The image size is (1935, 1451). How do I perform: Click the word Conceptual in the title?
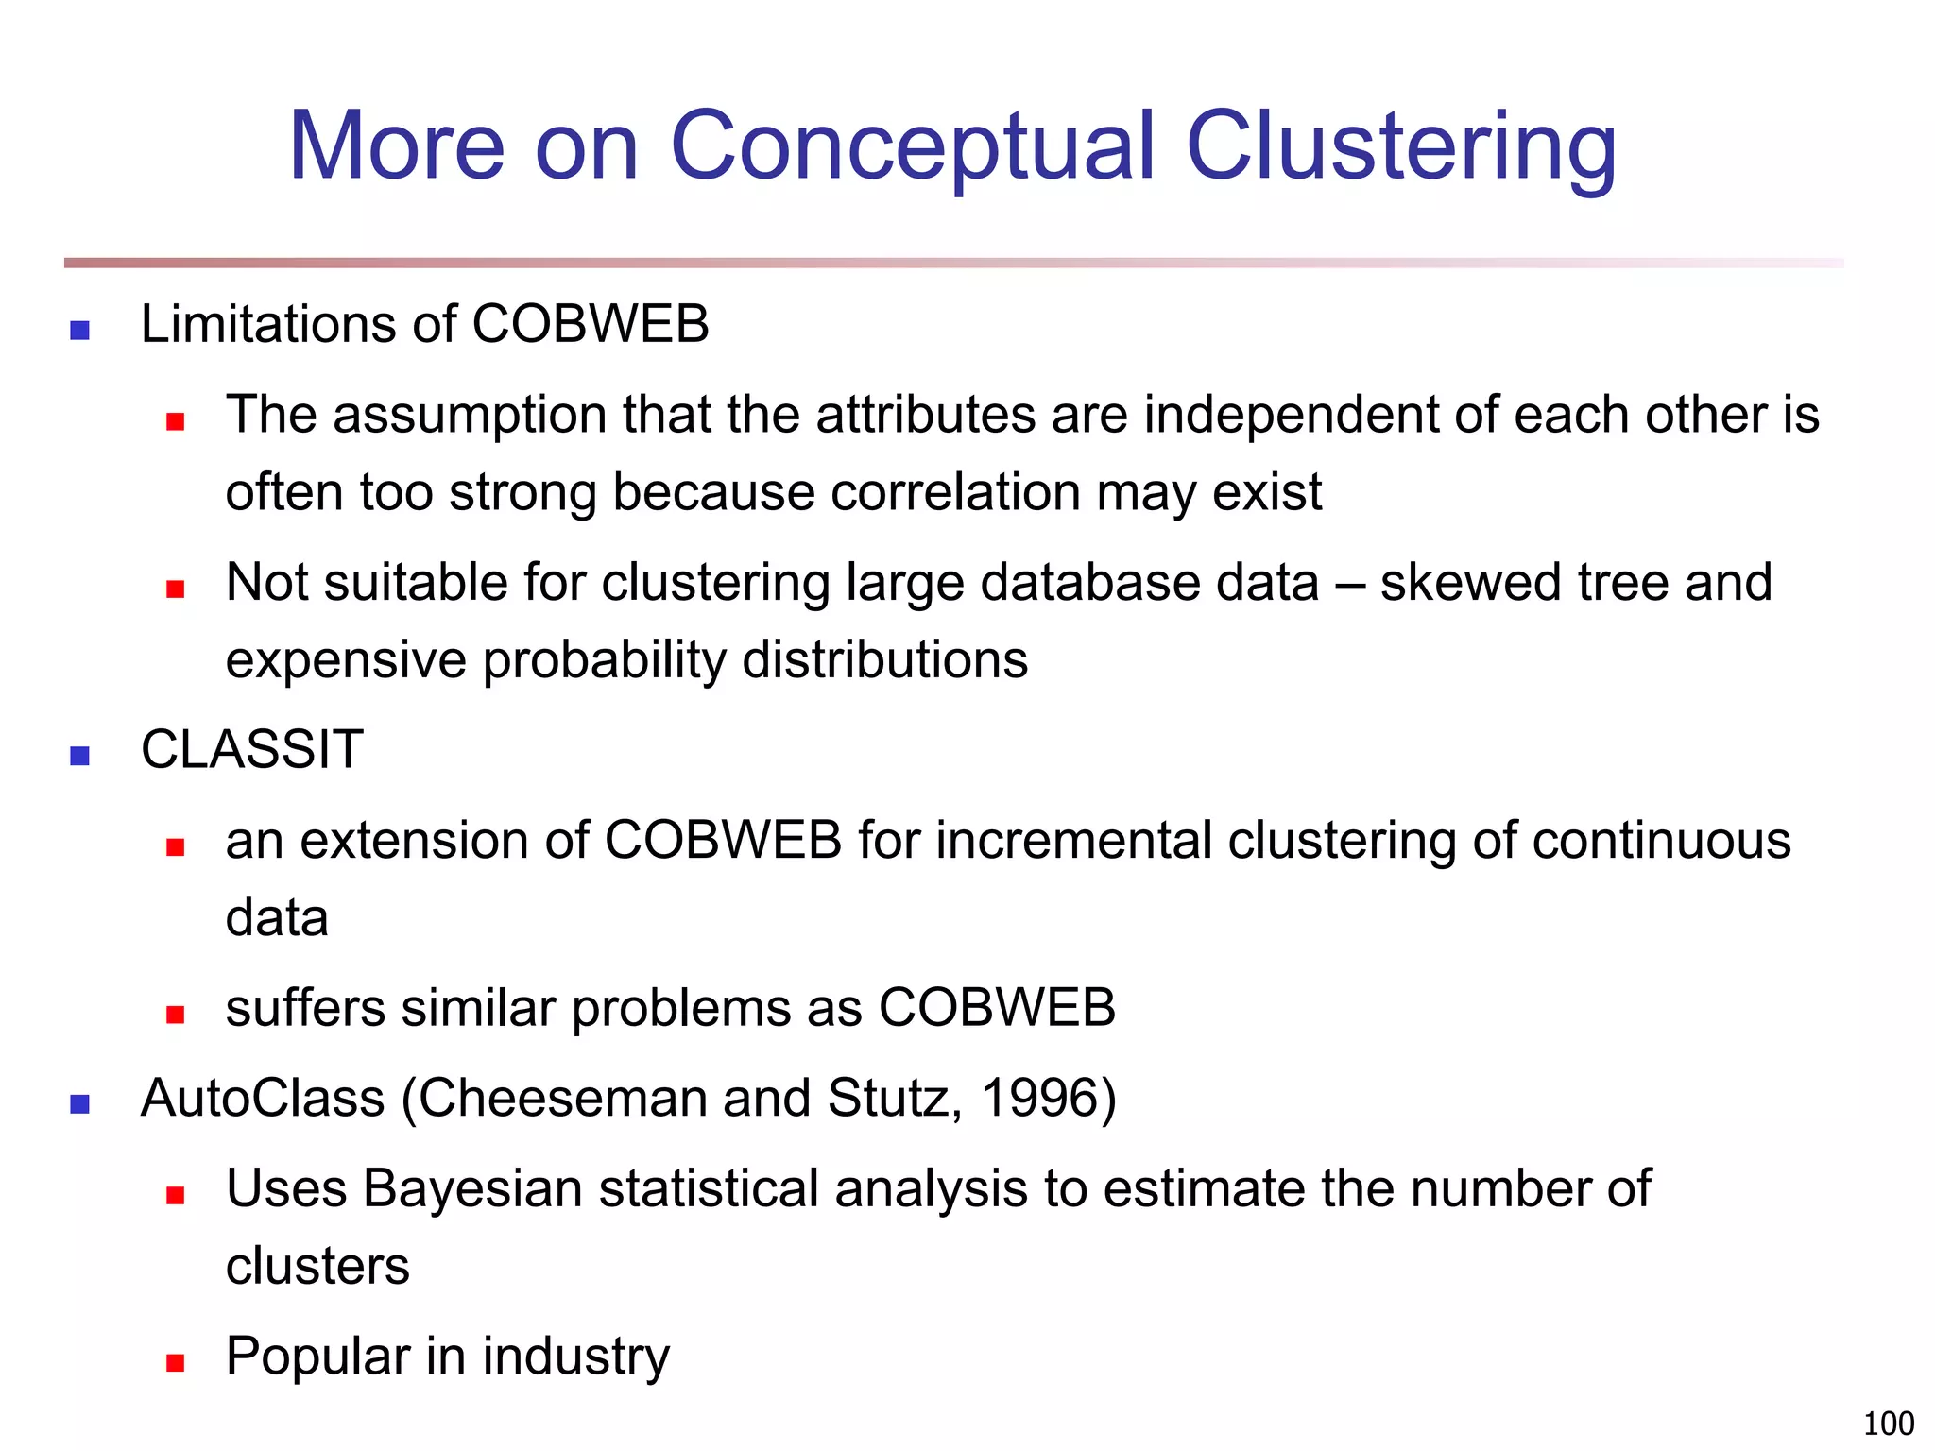[x=912, y=146]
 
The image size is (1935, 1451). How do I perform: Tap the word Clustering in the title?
[x=1400, y=146]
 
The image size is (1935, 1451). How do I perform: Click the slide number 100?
[x=1888, y=1423]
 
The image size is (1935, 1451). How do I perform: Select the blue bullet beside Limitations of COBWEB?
[x=80, y=331]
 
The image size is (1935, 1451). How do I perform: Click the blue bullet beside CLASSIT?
[x=80, y=756]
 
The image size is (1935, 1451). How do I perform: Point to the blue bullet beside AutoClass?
[x=80, y=1104]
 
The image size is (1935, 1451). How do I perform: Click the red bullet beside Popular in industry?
[x=175, y=1362]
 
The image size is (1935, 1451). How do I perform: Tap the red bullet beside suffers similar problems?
[x=175, y=1015]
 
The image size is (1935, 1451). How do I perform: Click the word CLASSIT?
[x=251, y=750]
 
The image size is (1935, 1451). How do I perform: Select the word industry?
[x=575, y=1357]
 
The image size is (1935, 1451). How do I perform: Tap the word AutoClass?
[x=263, y=1099]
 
